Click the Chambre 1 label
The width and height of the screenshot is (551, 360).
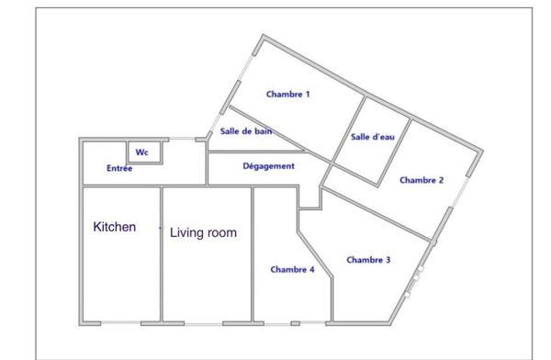point(287,94)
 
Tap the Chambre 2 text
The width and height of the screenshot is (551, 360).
point(422,180)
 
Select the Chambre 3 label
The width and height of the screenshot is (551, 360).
point(368,260)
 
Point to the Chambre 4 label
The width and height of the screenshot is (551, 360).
point(292,269)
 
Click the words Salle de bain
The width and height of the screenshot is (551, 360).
point(244,131)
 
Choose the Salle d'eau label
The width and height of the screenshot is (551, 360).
point(373,137)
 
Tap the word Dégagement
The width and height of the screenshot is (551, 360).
point(268,166)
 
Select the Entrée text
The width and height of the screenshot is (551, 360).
point(119,169)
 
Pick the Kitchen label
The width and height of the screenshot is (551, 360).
point(115,226)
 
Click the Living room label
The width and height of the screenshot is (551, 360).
point(204,233)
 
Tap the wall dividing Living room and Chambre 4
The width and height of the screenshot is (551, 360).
point(253,253)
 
